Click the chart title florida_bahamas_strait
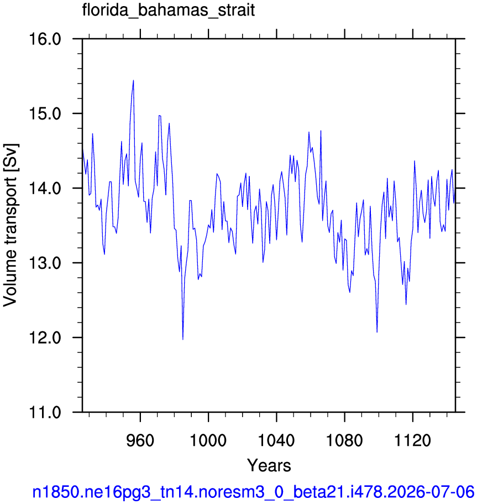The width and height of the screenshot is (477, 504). [x=169, y=10]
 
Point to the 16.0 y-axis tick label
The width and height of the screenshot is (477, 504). [x=45, y=39]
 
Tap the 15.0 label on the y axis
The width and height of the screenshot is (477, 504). [x=45, y=114]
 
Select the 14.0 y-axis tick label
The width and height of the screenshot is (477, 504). [x=45, y=188]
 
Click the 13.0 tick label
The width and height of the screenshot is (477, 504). [x=45, y=263]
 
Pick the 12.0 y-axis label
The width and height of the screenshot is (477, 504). [x=45, y=337]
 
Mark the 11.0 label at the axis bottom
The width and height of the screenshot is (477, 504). [x=45, y=412]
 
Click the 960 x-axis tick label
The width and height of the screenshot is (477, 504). [x=140, y=440]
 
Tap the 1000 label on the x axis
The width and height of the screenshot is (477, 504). [x=208, y=440]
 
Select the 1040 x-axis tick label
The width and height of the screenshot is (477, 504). [x=276, y=440]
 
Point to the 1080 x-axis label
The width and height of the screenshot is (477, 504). [x=344, y=440]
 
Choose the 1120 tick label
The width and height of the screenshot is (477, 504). [x=412, y=440]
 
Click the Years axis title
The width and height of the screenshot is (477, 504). [x=269, y=465]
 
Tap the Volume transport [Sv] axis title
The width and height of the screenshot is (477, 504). [x=11, y=225]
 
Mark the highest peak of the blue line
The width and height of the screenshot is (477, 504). [x=133, y=80]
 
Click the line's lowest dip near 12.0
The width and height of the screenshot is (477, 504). [x=183, y=340]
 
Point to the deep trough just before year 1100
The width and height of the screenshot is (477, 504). [x=377, y=332]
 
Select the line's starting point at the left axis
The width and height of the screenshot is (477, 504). [x=82, y=149]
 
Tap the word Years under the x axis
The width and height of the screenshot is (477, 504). [x=269, y=465]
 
